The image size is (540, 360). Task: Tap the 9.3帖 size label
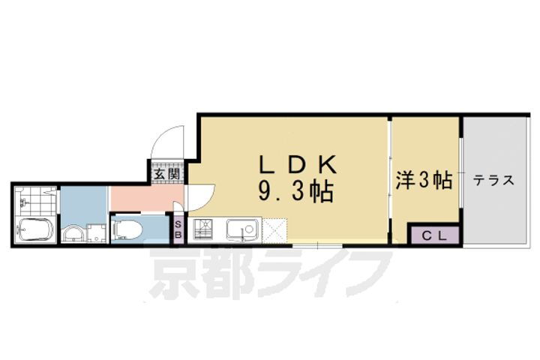tap(295, 192)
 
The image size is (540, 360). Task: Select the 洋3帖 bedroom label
tap(423, 180)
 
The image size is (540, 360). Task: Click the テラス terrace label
tap(493, 180)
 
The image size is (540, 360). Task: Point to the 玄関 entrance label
tap(166, 174)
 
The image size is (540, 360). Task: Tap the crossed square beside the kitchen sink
tap(274, 229)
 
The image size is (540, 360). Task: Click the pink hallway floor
tap(142, 199)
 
